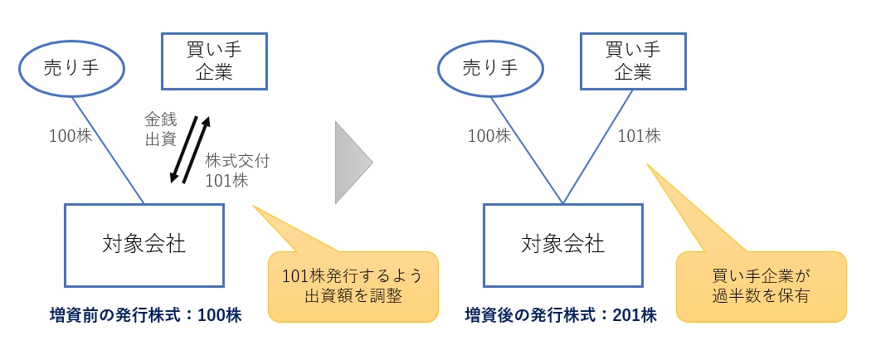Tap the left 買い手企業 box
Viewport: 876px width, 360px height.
click(x=213, y=61)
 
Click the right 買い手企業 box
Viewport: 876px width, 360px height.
click(x=633, y=61)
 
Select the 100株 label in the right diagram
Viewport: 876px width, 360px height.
click(x=489, y=135)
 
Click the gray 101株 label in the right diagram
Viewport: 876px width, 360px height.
click(x=639, y=135)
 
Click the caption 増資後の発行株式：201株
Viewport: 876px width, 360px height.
click(x=561, y=315)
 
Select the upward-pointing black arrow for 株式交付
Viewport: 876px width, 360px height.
click(x=197, y=148)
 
